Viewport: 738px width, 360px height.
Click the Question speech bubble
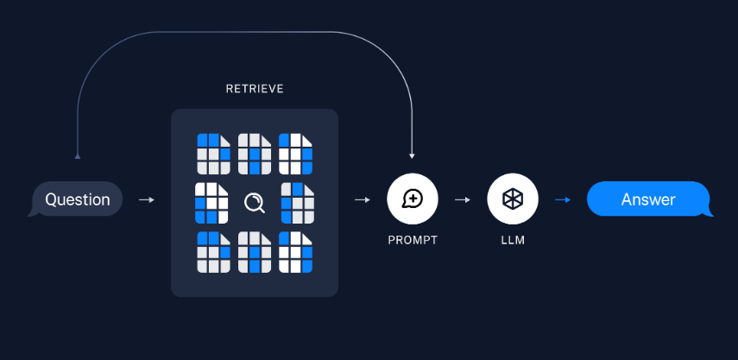pyautogui.click(x=77, y=199)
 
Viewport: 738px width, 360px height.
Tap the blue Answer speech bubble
pyautogui.click(x=648, y=199)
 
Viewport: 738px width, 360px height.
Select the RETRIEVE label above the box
pyautogui.click(x=255, y=89)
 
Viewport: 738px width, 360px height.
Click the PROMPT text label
pyautogui.click(x=413, y=240)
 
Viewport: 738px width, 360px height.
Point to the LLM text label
pyautogui.click(x=513, y=240)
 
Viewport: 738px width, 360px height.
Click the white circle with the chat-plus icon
pyautogui.click(x=413, y=199)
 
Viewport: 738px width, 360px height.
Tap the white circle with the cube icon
pyautogui.click(x=513, y=199)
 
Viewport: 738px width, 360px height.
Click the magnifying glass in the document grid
pyautogui.click(x=255, y=203)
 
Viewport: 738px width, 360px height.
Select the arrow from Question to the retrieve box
pyautogui.click(x=147, y=199)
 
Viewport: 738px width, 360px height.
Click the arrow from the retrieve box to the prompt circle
pyautogui.click(x=363, y=199)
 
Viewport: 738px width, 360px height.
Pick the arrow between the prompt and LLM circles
pyautogui.click(x=463, y=199)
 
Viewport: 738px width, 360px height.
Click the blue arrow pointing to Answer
pyautogui.click(x=563, y=199)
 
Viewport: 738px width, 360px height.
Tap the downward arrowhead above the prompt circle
pyautogui.click(x=412, y=156)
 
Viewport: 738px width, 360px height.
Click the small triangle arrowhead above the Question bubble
pyautogui.click(x=78, y=156)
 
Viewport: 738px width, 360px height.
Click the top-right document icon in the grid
pyautogui.click(x=296, y=154)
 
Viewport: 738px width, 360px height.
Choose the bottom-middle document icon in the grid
pyautogui.click(x=255, y=252)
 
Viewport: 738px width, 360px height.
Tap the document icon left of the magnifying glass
pyautogui.click(x=212, y=203)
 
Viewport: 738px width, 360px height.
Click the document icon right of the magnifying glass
pyautogui.click(x=296, y=203)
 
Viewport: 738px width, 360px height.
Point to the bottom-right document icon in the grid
pyautogui.click(x=296, y=252)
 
